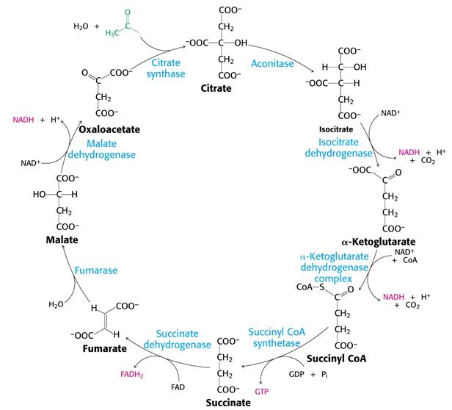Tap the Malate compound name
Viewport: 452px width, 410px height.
[61, 240]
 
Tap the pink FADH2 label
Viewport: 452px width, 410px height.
[131, 374]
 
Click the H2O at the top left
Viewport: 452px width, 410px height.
[80, 26]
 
